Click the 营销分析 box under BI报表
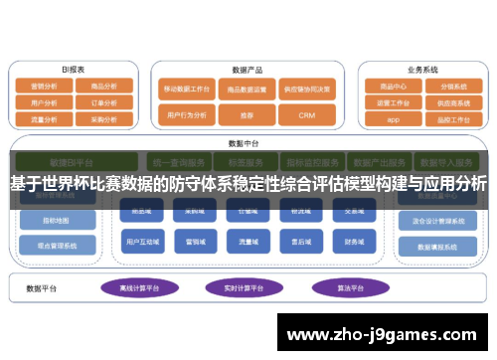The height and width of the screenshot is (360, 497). coord(45,87)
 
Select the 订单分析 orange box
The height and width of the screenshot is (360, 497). coord(102,101)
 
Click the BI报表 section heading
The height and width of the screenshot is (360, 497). coord(73,70)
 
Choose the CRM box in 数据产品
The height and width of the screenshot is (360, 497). coord(306,115)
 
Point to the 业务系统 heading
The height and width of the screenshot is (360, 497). coord(422,70)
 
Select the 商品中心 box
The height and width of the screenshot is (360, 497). coord(394,87)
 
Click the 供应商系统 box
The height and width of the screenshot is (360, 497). coord(451,101)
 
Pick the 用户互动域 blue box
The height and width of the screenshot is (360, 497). coord(138,241)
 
